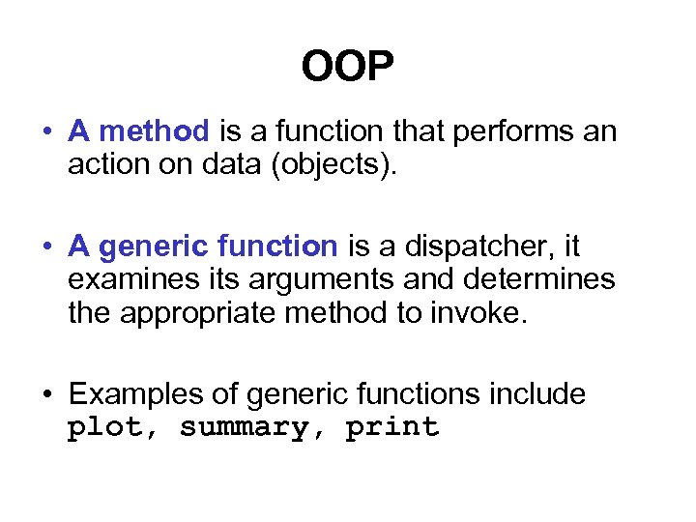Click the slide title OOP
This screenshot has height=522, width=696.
click(347, 68)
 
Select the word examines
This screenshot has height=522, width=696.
click(131, 280)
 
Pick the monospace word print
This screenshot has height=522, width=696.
click(391, 428)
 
